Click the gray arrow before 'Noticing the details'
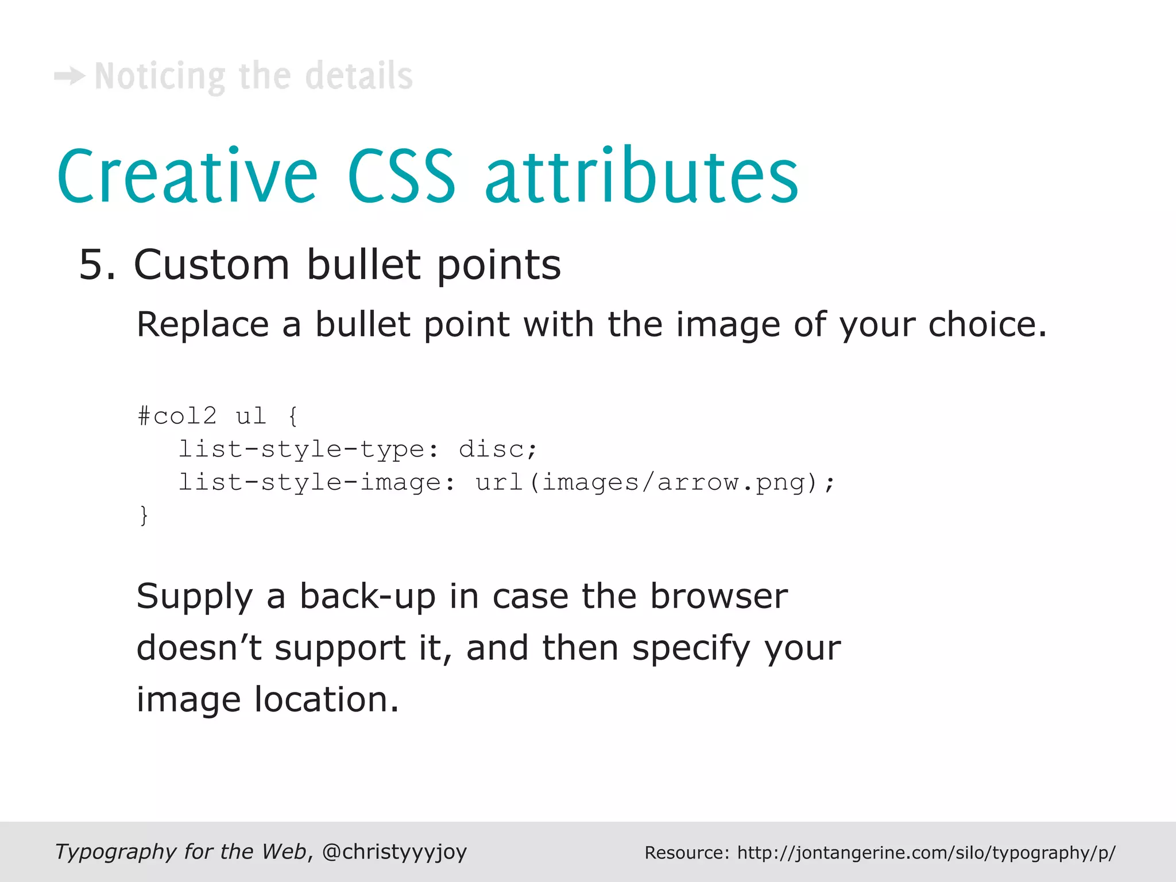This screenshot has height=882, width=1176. click(70, 76)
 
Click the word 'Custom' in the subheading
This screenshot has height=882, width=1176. click(211, 265)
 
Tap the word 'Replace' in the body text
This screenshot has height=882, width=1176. click(203, 324)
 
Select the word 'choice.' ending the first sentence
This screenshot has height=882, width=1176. click(988, 324)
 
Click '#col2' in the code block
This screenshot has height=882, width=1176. click(177, 416)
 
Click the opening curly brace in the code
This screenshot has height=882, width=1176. click(293, 416)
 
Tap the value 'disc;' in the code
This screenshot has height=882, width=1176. click(498, 449)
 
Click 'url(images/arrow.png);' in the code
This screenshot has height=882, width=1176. click(655, 482)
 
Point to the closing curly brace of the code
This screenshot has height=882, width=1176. click(144, 515)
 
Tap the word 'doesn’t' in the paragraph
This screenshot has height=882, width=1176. click(199, 648)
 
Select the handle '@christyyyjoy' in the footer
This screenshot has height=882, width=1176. click(394, 852)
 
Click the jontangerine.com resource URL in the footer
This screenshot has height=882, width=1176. click(926, 853)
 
